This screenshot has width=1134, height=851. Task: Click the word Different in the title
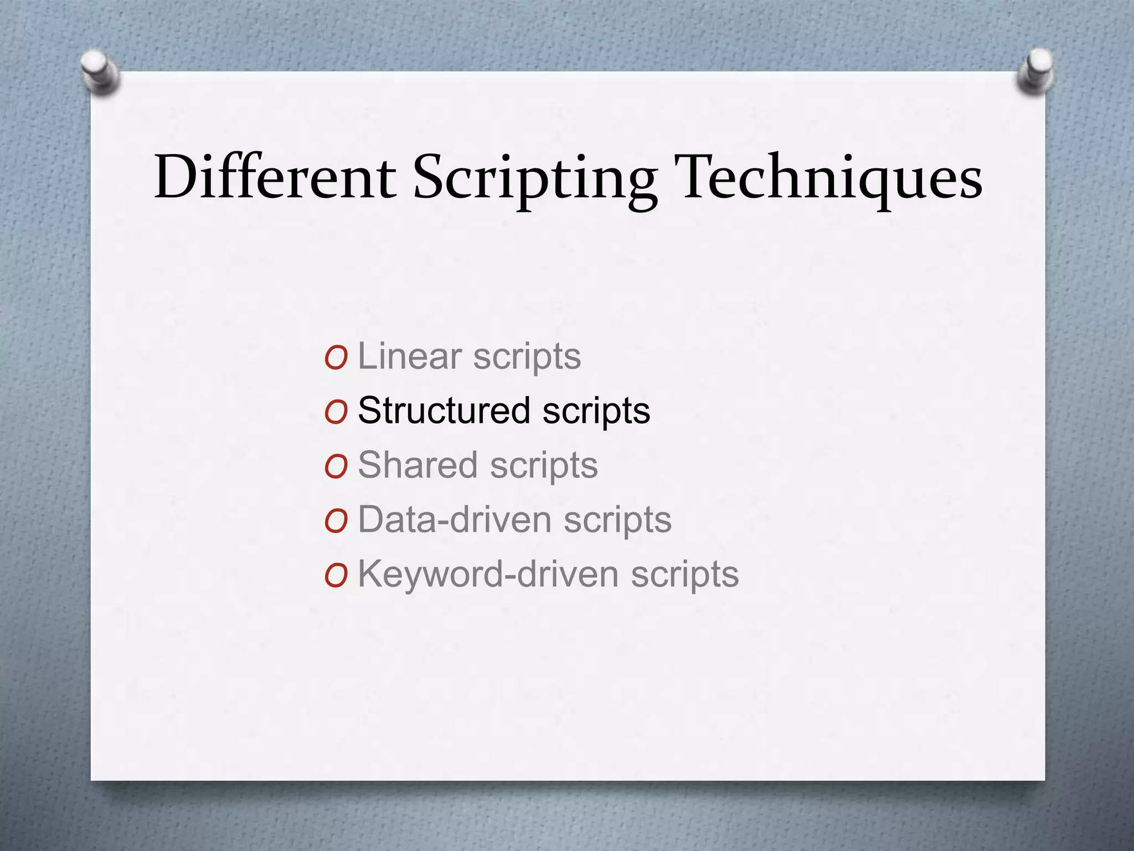coord(275,177)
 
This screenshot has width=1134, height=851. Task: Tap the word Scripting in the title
coord(535,178)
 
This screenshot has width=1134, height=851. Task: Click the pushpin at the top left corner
coord(100,72)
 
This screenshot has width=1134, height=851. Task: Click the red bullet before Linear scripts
coord(336,358)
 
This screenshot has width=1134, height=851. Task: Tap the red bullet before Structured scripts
coord(336,412)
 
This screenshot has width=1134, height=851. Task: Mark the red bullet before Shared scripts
coord(336,466)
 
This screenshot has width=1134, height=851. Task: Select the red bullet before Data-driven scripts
coord(336,521)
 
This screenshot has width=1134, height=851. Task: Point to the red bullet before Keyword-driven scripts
coord(336,576)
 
